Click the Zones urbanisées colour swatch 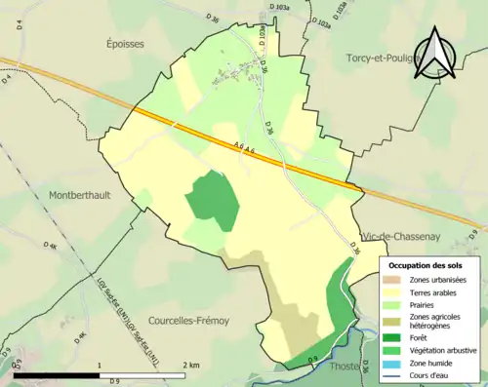(x=395, y=280)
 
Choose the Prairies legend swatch (x=395, y=304)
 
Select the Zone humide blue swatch (x=395, y=363)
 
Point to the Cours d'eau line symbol (x=395, y=374)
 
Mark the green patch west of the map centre (x=213, y=200)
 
